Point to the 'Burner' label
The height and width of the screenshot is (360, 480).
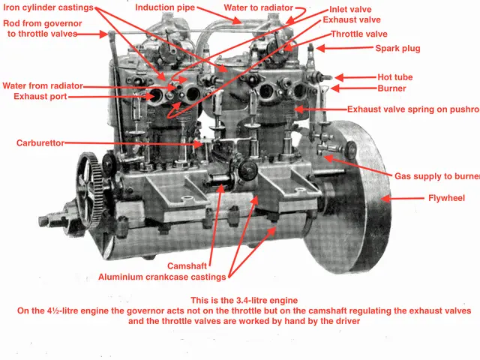(x=391, y=88)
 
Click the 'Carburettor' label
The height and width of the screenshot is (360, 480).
(x=42, y=142)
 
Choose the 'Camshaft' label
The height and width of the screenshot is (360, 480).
(x=188, y=265)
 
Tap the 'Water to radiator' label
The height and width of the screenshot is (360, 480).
(x=253, y=7)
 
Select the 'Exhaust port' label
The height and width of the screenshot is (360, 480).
(x=34, y=97)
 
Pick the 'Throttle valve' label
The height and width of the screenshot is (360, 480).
(x=358, y=34)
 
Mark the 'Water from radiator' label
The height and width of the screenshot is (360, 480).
(x=43, y=85)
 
